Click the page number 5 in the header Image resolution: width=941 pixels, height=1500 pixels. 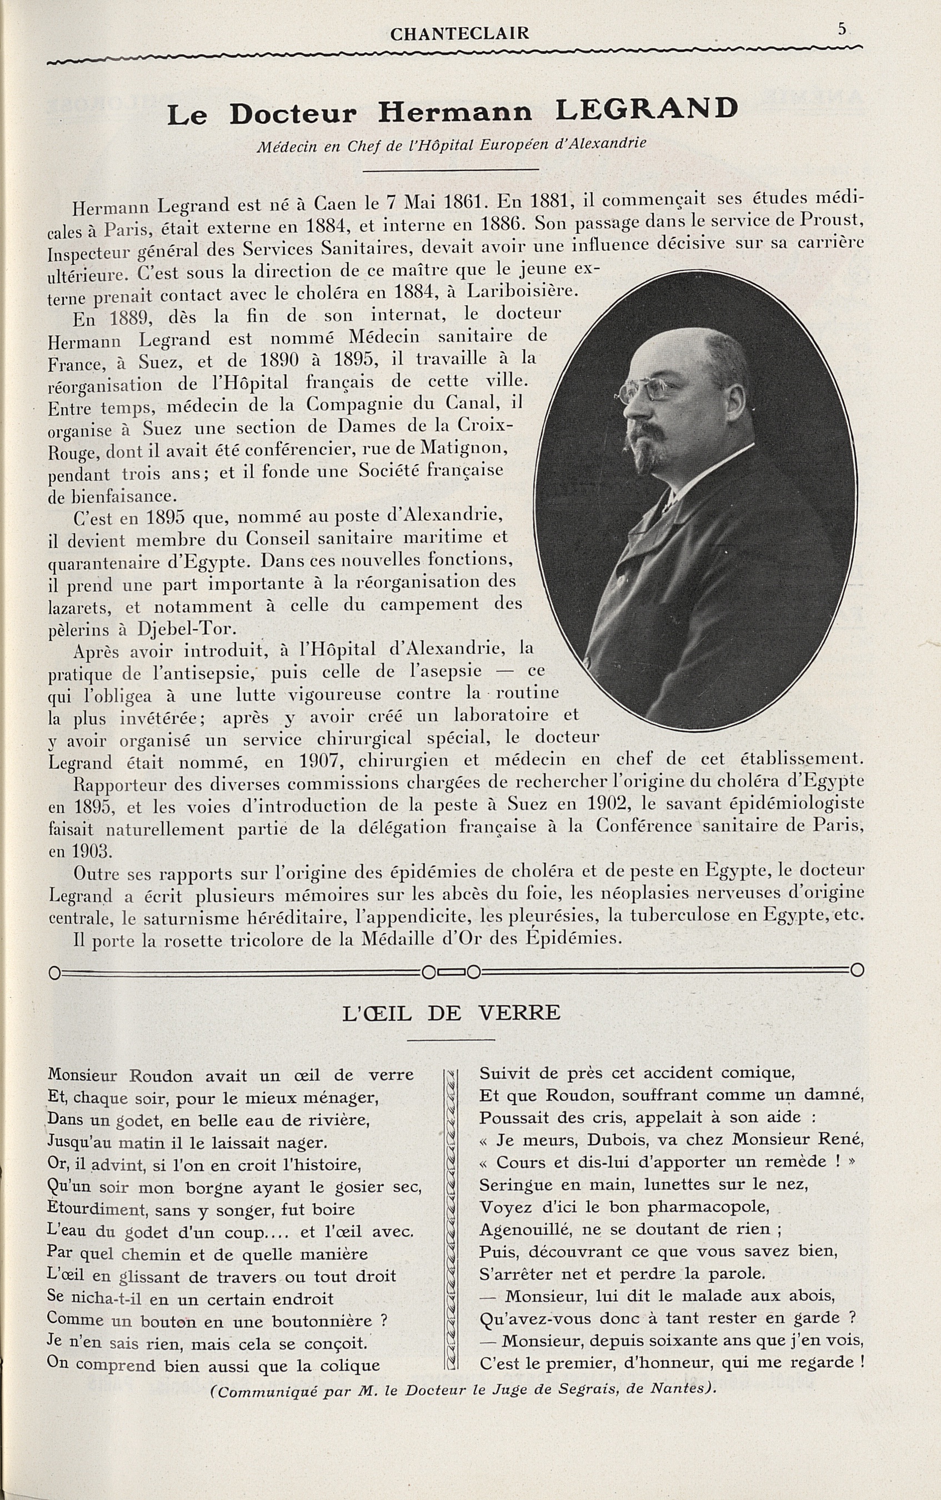point(842,29)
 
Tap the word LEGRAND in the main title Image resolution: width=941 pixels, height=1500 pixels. point(646,110)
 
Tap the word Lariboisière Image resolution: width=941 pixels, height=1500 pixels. point(523,290)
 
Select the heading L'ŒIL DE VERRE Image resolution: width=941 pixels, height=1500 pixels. point(451,1014)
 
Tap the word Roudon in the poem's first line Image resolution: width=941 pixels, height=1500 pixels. point(161,1075)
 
